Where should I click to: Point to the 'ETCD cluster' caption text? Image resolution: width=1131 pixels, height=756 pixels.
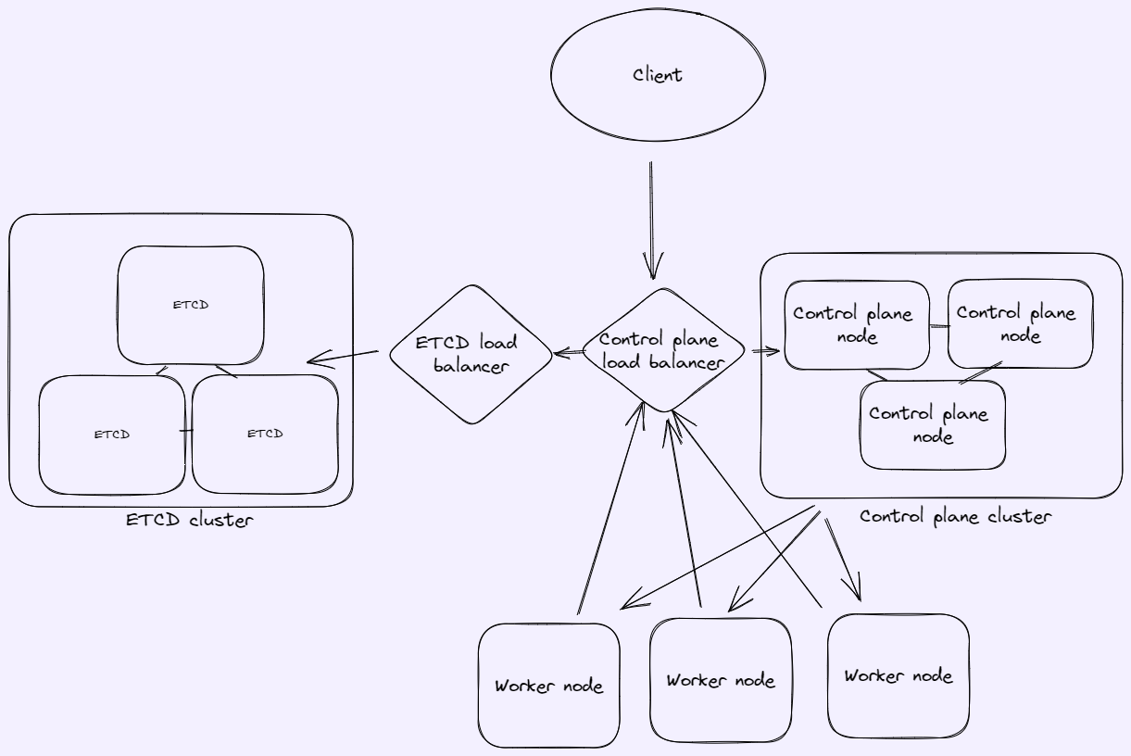[x=190, y=520]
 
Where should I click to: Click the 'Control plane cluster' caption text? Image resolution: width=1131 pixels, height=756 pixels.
[x=955, y=516]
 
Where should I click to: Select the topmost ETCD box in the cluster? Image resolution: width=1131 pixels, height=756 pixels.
[x=191, y=305]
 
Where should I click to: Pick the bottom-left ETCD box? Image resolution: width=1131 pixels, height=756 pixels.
[x=111, y=434]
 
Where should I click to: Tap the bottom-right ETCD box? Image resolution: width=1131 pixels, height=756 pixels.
[x=265, y=434]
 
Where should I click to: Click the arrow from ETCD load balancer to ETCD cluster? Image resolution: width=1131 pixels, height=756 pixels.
[x=343, y=357]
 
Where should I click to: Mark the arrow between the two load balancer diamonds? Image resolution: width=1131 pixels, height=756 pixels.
[x=567, y=352]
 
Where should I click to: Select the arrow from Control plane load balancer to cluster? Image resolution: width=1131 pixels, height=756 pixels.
[x=766, y=352]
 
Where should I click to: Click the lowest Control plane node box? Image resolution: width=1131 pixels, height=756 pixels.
[x=933, y=424]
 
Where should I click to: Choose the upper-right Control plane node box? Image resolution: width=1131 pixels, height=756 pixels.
[x=1020, y=324]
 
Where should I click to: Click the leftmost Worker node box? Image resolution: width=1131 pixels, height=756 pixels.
[x=548, y=686]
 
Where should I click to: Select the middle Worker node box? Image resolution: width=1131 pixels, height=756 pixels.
[x=721, y=680]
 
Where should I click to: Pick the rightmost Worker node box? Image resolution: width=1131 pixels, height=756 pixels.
[x=898, y=674]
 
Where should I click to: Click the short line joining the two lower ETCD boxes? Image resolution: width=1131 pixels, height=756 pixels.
[x=187, y=431]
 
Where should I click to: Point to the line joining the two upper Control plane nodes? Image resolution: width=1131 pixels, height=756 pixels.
[x=939, y=325]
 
